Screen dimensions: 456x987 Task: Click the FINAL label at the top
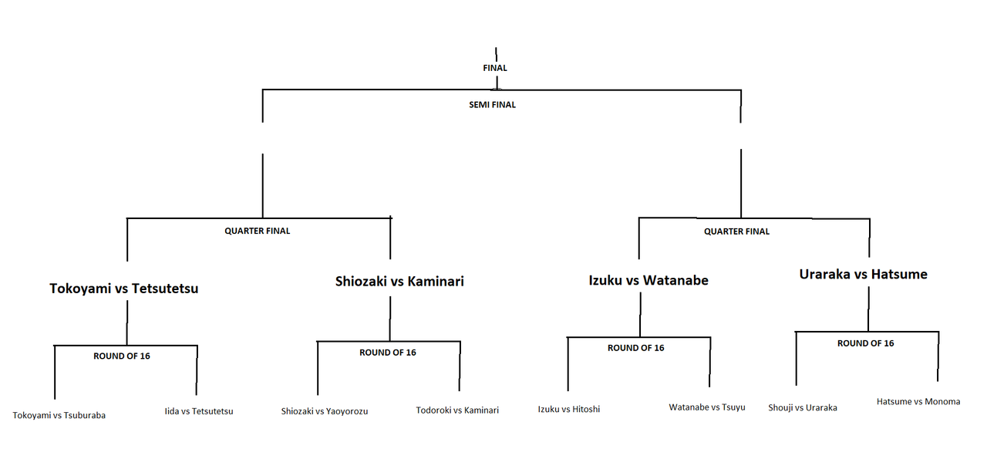(494, 68)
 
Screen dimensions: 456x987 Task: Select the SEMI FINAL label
(492, 105)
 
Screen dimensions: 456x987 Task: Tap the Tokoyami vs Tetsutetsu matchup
(124, 289)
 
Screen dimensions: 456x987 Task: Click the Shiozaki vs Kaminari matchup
(399, 282)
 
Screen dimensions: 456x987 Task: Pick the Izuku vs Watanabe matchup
(648, 280)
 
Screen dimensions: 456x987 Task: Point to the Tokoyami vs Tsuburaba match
(59, 415)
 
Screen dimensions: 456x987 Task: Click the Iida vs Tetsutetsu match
(199, 411)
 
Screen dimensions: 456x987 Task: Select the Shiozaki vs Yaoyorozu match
(325, 411)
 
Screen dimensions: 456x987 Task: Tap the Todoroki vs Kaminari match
(457, 410)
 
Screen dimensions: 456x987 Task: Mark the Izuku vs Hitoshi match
(569, 409)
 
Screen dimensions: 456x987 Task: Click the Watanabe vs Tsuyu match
(707, 407)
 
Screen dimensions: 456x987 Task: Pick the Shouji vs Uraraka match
(803, 407)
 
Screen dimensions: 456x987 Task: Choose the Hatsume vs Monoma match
(918, 401)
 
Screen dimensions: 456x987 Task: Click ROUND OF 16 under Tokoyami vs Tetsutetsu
(122, 356)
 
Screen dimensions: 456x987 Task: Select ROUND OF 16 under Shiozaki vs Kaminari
(388, 353)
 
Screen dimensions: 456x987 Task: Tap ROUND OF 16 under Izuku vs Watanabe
(635, 348)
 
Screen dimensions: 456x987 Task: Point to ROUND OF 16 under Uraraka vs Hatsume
(865, 343)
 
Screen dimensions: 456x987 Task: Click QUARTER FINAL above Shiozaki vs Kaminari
(258, 231)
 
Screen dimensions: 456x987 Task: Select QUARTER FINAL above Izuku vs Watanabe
(736, 231)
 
